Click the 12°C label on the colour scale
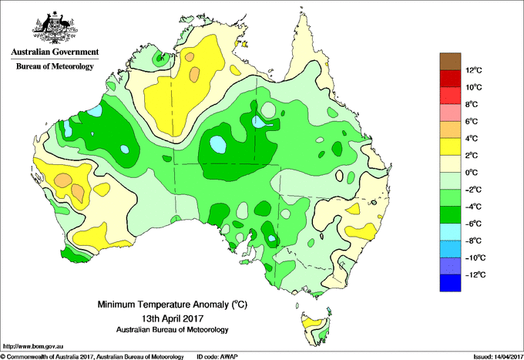point(474,70)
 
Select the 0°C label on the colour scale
point(472,173)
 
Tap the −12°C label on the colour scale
point(475,274)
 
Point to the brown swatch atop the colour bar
point(450,62)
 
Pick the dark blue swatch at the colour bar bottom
point(450,283)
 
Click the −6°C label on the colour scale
point(473,224)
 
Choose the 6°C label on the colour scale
point(472,121)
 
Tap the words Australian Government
point(55,52)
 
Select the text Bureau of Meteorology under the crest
point(55,66)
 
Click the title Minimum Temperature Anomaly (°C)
point(172,304)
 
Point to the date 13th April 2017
point(172,318)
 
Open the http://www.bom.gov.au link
point(32,346)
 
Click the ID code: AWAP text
point(217,357)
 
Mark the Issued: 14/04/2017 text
point(498,357)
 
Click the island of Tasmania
point(316,329)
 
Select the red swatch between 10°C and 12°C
point(450,79)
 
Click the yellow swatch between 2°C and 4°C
point(450,146)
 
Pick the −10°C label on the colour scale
point(475,257)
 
